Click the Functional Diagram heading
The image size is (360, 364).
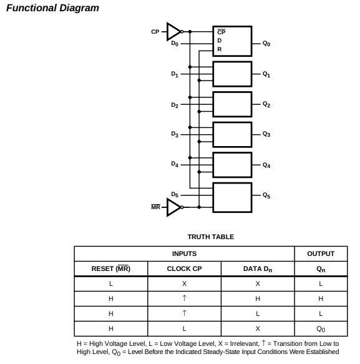pyautogui.click(x=52, y=8)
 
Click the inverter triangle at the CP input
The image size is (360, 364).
pyautogui.click(x=173, y=32)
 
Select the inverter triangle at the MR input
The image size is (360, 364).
pyautogui.click(x=173, y=207)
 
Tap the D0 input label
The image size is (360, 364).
pyautogui.click(x=175, y=44)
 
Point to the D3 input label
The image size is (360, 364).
pyautogui.click(x=175, y=134)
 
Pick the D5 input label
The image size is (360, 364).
pyautogui.click(x=175, y=195)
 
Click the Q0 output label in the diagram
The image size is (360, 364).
pyautogui.click(x=266, y=44)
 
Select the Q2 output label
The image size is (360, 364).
pyautogui.click(x=266, y=104)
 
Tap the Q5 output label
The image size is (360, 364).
pyautogui.click(x=266, y=195)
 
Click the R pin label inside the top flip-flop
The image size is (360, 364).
pyautogui.click(x=220, y=49)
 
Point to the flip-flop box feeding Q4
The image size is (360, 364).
pyautogui.click(x=232, y=165)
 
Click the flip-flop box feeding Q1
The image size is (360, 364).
pyautogui.click(x=232, y=74)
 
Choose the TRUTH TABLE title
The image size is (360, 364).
pyautogui.click(x=211, y=237)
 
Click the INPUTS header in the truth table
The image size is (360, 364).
pyautogui.click(x=185, y=253)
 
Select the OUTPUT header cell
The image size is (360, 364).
pyautogui.click(x=321, y=253)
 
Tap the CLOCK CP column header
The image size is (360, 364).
pyautogui.click(x=185, y=268)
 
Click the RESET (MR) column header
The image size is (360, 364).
pyautogui.click(x=111, y=268)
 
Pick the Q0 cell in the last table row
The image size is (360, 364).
pyautogui.click(x=321, y=329)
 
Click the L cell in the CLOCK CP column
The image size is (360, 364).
pyautogui.click(x=185, y=328)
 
